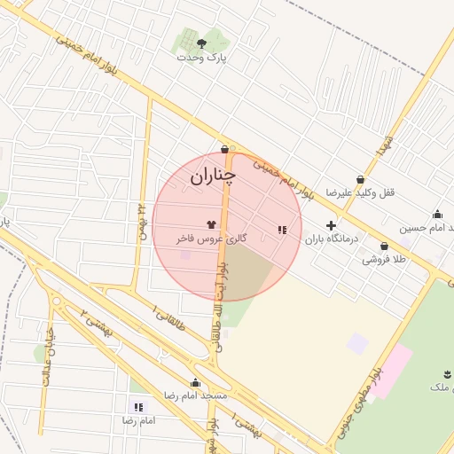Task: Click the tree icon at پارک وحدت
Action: click(x=202, y=42)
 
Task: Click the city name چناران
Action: click(x=213, y=177)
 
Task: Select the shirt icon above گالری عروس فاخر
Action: click(x=211, y=224)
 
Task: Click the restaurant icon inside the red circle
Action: click(x=282, y=230)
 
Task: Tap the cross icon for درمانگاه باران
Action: click(x=331, y=225)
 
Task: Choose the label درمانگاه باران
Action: click(x=329, y=239)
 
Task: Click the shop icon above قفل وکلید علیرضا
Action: click(x=360, y=179)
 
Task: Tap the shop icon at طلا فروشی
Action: click(x=384, y=247)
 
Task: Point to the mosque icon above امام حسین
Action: click(x=437, y=214)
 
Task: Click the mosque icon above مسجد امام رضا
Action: click(x=195, y=382)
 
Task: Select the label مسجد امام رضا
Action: click(x=196, y=395)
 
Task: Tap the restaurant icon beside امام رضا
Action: click(x=137, y=406)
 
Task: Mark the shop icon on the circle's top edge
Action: click(x=224, y=150)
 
